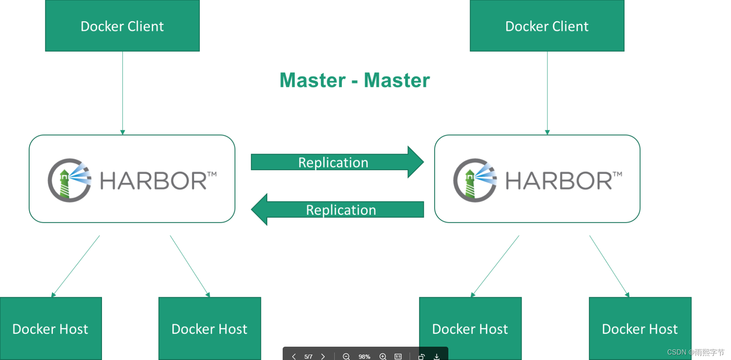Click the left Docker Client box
click(x=122, y=26)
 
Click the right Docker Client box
click(x=547, y=26)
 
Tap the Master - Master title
click(x=354, y=80)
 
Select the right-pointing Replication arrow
click(x=333, y=162)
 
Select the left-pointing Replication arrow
click(x=341, y=209)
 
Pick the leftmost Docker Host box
click(x=50, y=328)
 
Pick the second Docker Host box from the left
click(x=209, y=328)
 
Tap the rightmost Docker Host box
click(x=640, y=328)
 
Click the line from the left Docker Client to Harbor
click(x=122, y=92)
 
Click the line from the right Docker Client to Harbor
click(x=547, y=92)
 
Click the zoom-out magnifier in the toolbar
click(x=346, y=356)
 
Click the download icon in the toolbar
click(x=437, y=356)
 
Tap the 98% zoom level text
click(x=364, y=357)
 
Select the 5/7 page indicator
click(x=308, y=357)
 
